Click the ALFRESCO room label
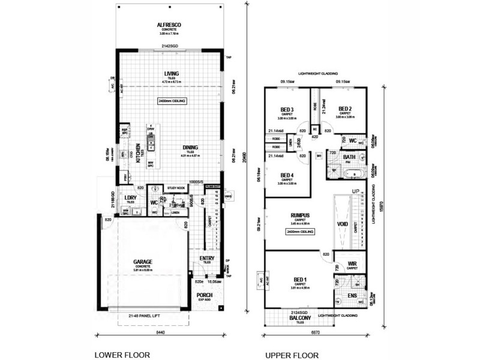point(169,25)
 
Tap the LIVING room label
point(172,74)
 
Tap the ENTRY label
point(207,258)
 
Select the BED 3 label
point(287,109)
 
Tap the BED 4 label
point(287,175)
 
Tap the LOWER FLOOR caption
point(122,355)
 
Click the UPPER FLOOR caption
point(292,355)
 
